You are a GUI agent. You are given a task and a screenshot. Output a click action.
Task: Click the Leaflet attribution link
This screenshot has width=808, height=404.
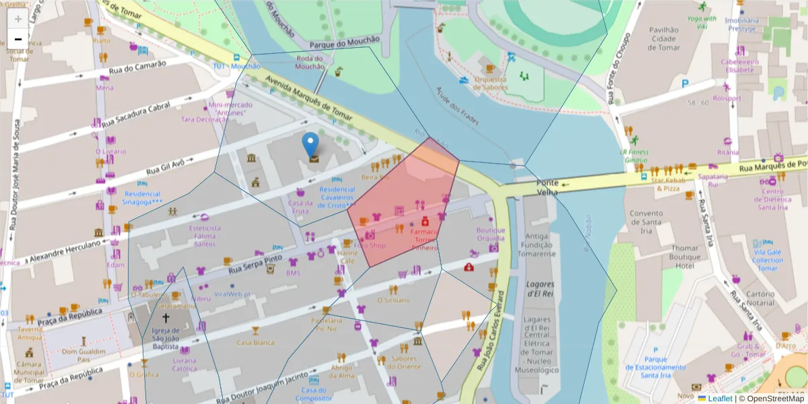[720, 399]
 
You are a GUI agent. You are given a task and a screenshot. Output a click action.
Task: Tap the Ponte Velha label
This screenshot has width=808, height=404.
[547, 187]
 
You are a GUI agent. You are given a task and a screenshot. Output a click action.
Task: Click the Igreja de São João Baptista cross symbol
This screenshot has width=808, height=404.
[166, 317]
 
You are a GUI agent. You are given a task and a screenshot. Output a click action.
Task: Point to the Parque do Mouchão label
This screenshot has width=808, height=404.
[345, 41]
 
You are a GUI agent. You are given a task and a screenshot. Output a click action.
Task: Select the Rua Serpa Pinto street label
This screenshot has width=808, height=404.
[255, 264]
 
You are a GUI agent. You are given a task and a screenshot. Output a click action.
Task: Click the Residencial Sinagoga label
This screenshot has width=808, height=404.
[142, 197]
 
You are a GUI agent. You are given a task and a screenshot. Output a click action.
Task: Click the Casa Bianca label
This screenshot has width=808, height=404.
[255, 343]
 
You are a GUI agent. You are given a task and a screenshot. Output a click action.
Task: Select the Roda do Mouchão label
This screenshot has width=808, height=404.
[310, 62]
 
